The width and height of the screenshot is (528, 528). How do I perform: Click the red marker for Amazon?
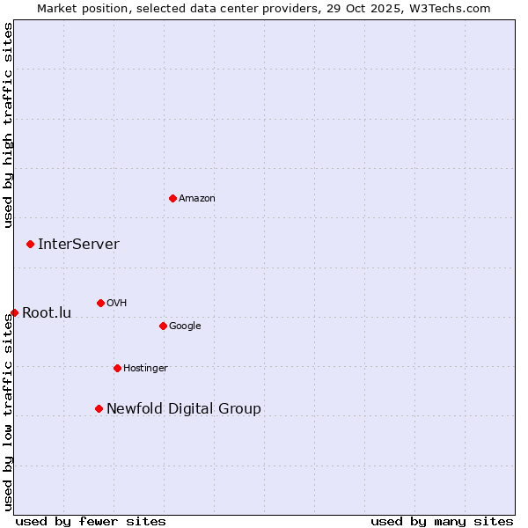(172, 198)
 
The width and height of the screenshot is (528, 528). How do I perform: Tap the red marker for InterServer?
(30, 244)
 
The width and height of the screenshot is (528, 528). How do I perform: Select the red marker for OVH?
(100, 303)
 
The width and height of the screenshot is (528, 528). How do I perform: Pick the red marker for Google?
(163, 326)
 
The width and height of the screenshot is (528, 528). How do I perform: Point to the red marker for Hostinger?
(117, 368)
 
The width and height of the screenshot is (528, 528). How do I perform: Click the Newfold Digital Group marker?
(99, 408)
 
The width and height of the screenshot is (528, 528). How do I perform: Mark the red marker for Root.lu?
(14, 312)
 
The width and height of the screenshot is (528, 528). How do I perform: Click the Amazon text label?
(197, 199)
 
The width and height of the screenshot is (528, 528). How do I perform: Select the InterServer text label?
(78, 245)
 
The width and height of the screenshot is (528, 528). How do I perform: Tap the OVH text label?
(117, 304)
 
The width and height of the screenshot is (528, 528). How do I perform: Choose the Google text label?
(185, 326)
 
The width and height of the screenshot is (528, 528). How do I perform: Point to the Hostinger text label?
(145, 369)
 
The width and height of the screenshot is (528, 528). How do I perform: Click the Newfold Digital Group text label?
(184, 409)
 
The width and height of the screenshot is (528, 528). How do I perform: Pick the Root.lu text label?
(47, 313)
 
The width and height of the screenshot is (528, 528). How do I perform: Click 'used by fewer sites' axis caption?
(91, 522)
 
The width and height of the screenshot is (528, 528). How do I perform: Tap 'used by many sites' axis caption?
(442, 522)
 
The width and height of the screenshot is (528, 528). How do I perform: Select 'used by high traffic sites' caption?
(9, 125)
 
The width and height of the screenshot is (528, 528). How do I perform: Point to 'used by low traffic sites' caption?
(9, 412)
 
